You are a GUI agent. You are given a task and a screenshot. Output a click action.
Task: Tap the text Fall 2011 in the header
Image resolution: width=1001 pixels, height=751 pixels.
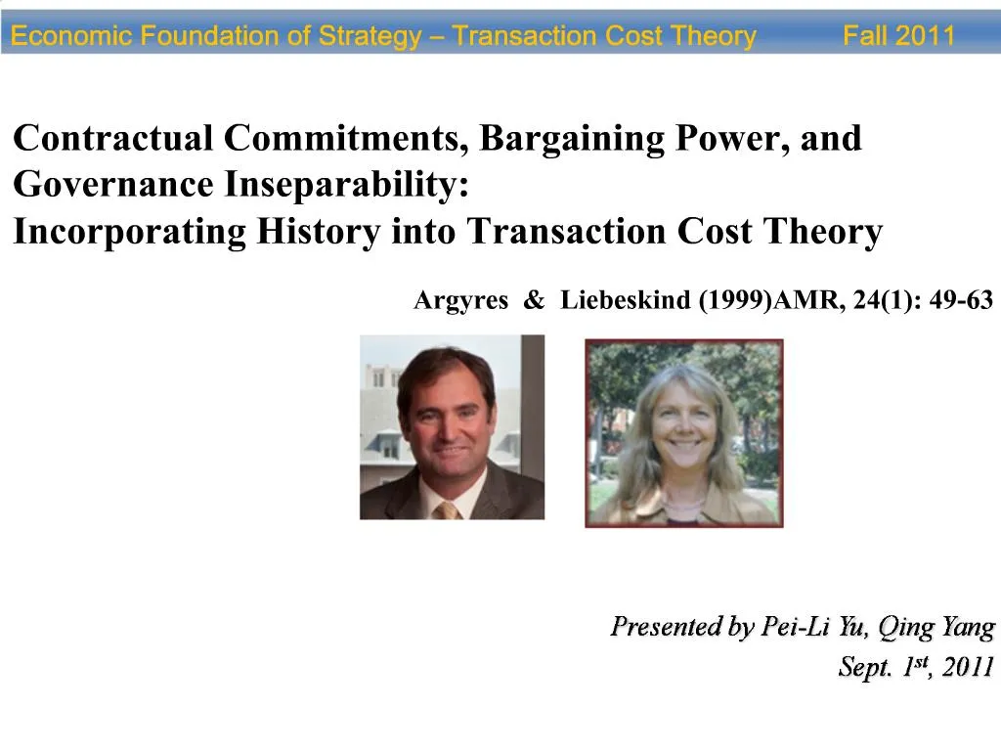pyautogui.click(x=898, y=37)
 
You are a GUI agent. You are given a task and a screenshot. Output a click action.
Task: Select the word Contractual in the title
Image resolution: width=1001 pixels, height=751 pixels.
pyautogui.click(x=112, y=139)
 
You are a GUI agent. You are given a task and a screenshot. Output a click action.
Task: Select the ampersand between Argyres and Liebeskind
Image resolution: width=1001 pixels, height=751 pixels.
pyautogui.click(x=534, y=301)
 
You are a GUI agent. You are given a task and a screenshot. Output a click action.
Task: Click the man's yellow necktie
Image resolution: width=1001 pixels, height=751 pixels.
pyautogui.click(x=448, y=509)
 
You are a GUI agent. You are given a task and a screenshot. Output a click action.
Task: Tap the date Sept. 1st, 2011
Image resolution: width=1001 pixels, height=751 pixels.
pyautogui.click(x=916, y=668)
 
